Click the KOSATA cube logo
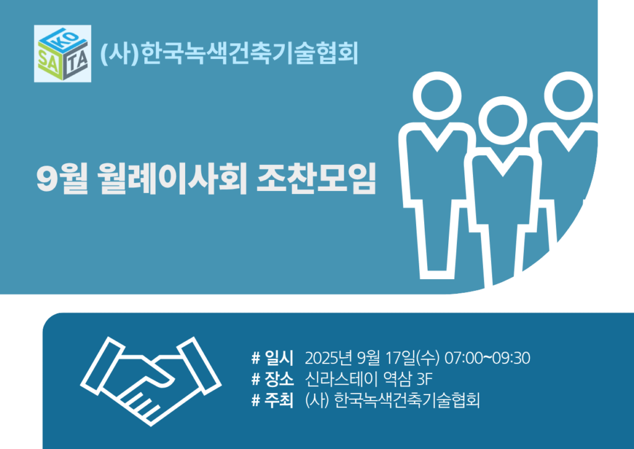click(x=63, y=53)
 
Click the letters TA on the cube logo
click(x=77, y=61)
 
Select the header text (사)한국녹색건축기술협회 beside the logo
click(x=229, y=53)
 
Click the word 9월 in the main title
click(x=62, y=179)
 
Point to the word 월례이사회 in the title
click(x=173, y=179)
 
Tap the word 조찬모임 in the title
click(x=316, y=179)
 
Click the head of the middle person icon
click(x=503, y=121)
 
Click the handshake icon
click(x=151, y=381)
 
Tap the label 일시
click(x=279, y=358)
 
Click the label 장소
click(x=279, y=380)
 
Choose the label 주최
click(x=279, y=401)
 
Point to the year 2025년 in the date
click(x=329, y=358)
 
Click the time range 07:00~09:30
click(x=487, y=358)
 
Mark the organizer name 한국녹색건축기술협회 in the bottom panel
click(x=407, y=401)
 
